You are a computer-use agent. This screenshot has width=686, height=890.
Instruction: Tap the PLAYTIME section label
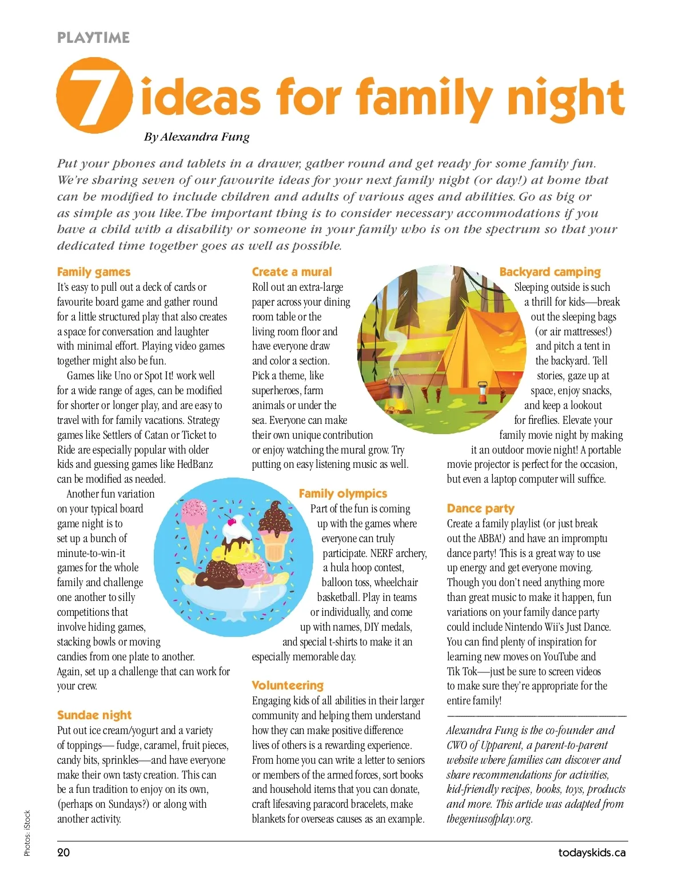[x=93, y=38]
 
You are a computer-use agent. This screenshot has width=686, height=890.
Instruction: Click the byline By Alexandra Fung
[x=197, y=137]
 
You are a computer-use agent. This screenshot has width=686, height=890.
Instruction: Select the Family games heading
[x=94, y=272]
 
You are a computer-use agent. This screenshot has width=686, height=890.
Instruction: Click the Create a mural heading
[x=292, y=272]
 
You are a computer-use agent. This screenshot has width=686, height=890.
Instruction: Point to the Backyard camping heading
[x=550, y=272]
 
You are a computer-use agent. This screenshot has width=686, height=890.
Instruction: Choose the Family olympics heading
[x=343, y=494]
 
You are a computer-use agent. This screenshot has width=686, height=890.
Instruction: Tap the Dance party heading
[x=481, y=508]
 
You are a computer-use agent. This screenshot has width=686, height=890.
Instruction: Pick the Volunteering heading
[x=288, y=685]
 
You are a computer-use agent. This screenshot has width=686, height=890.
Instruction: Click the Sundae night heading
[x=94, y=715]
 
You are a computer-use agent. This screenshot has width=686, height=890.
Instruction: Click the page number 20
[x=63, y=853]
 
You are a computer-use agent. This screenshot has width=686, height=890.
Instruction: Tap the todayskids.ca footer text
[x=592, y=853]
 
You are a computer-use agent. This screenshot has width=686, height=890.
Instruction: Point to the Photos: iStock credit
[x=27, y=833]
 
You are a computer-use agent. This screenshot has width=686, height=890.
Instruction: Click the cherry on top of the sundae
[x=231, y=520]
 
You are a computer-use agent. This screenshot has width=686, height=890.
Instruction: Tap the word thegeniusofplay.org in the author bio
[x=489, y=819]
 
